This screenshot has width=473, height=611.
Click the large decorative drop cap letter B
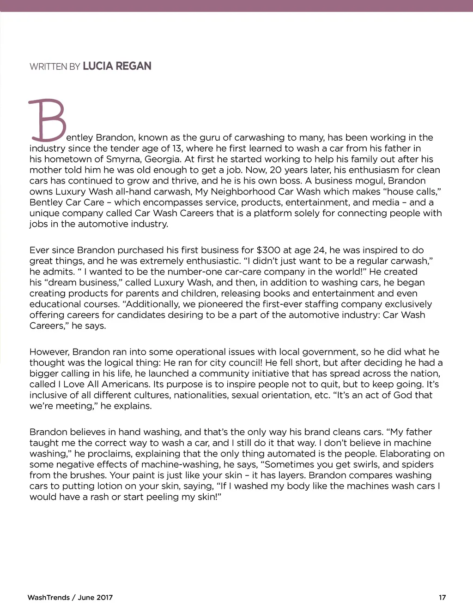click(x=48, y=120)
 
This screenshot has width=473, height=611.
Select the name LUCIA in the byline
click(x=97, y=66)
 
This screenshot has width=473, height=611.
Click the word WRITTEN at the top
click(x=48, y=66)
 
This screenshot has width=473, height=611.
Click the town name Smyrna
click(x=123, y=159)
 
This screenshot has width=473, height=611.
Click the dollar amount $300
click(x=268, y=250)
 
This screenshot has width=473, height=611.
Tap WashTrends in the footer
click(x=49, y=598)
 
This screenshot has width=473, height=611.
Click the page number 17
click(x=442, y=598)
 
